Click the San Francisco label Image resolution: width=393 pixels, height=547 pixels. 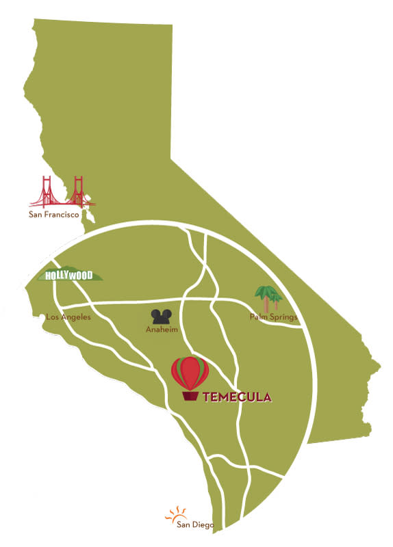point(54,214)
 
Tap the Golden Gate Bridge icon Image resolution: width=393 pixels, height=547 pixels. point(62,193)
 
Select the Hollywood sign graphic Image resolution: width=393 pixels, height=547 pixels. point(68,275)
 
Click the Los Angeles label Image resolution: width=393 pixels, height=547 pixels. point(68,317)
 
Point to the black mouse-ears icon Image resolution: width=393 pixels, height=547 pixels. point(162,317)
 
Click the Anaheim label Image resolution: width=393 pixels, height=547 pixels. point(162,329)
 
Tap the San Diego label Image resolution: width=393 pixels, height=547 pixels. point(195,524)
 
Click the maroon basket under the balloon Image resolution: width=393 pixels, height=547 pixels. point(190,396)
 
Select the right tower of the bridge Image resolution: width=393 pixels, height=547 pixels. point(78,191)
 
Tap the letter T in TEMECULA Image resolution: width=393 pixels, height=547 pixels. point(206,397)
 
